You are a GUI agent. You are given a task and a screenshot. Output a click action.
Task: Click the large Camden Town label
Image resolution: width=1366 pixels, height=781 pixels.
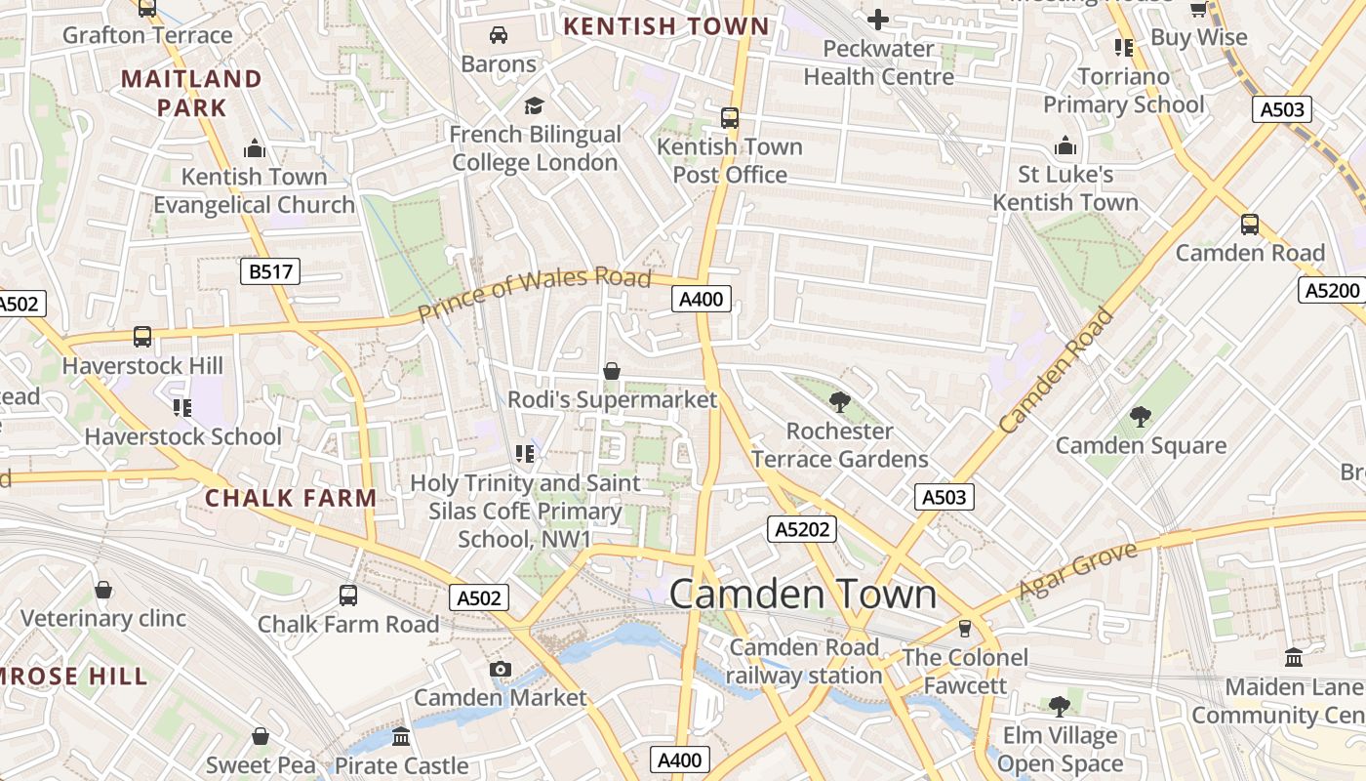(803, 595)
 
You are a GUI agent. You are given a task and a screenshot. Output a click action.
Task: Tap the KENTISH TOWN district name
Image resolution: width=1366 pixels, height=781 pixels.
(666, 26)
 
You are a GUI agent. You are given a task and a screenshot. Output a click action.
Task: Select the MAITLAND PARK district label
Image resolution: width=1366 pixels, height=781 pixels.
(192, 93)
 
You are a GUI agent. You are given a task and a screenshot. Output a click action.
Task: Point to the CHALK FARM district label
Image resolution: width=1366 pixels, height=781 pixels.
(291, 498)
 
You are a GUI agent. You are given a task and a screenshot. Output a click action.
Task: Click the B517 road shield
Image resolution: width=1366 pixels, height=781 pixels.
(270, 271)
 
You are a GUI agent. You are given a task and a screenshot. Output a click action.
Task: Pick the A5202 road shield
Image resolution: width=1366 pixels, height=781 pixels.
(803, 529)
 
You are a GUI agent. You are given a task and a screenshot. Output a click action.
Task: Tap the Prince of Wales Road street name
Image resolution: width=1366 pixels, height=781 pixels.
(534, 293)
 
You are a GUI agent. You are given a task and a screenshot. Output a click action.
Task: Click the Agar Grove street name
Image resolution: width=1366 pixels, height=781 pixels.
(1078, 571)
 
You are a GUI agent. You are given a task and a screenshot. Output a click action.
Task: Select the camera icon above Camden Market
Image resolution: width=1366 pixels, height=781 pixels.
(501, 669)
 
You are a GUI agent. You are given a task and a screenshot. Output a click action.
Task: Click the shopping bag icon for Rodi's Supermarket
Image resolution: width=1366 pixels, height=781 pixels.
(612, 371)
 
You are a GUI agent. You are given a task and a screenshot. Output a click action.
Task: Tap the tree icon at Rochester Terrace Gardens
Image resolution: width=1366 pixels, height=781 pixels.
(839, 401)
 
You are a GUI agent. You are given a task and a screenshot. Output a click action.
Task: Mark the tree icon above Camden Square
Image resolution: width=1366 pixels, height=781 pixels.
(1140, 417)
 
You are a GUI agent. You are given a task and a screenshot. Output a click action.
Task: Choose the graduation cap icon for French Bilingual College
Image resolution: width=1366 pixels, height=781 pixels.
(534, 105)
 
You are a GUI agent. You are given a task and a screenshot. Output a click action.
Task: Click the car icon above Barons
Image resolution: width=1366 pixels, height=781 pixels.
(499, 35)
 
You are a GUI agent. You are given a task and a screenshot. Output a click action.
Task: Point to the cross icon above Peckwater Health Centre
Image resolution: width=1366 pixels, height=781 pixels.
(877, 20)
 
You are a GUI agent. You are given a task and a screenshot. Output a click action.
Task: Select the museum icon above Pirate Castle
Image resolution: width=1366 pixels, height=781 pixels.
(401, 736)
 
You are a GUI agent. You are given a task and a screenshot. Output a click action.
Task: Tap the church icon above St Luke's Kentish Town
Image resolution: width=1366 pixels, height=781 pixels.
(1065, 146)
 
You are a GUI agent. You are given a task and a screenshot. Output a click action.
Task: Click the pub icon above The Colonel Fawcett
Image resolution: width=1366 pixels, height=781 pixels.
(965, 628)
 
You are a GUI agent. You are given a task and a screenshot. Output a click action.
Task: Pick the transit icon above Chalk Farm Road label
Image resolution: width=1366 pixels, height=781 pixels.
(348, 595)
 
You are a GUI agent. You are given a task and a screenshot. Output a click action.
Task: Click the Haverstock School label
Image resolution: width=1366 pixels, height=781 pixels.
(182, 436)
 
